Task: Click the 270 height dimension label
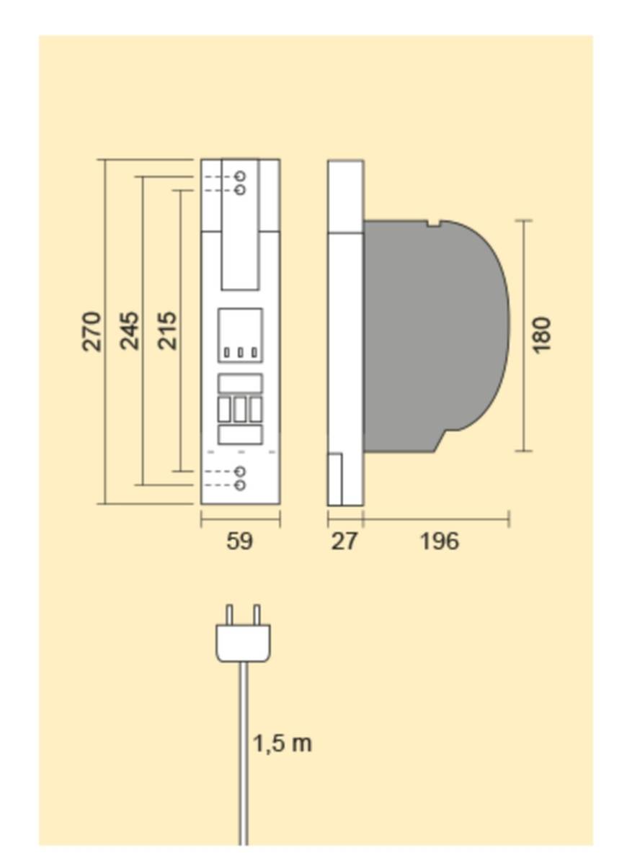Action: point(92,332)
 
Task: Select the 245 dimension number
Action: point(129,331)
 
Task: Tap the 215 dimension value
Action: point(167,331)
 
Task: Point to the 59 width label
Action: point(240,541)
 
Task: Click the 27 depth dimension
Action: point(344,541)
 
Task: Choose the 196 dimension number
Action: point(440,541)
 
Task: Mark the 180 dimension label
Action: point(541,335)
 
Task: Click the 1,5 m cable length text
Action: point(283,744)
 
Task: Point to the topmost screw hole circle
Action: point(240,176)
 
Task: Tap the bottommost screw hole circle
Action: point(240,485)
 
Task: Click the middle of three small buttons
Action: point(240,409)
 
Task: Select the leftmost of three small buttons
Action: point(224,409)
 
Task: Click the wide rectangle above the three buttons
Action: point(240,383)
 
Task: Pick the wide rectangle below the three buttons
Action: point(240,435)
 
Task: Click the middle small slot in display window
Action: point(240,352)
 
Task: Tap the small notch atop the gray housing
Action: point(434,223)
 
